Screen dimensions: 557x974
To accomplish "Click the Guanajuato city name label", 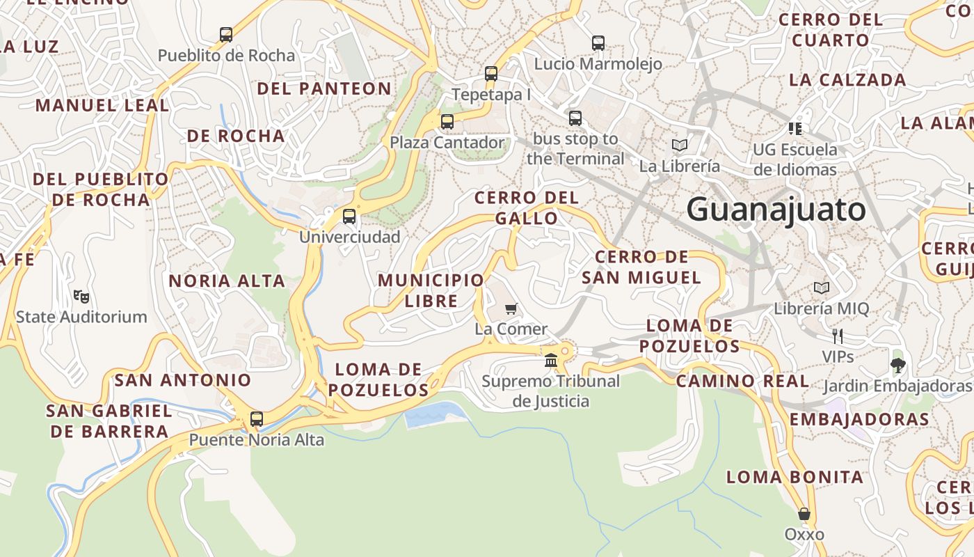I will click(776, 210).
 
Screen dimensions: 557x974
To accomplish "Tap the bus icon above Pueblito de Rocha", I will click(226, 35).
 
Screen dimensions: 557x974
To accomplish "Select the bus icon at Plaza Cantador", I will click(447, 122).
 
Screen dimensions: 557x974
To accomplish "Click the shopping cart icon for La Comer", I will click(511, 308).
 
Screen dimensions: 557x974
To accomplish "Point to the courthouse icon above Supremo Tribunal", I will click(551, 360).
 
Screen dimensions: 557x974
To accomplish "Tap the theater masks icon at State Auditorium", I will click(81, 297).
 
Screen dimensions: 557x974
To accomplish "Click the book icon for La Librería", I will click(680, 146).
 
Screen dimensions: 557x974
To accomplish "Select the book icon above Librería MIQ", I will click(822, 288).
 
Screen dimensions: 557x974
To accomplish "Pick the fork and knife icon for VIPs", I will click(838, 336).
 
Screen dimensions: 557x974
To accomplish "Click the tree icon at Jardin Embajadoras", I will click(898, 365).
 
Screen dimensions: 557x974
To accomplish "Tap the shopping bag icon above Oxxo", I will click(804, 514).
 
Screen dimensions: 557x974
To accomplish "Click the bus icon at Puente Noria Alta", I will click(257, 419).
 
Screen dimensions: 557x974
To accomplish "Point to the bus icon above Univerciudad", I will click(349, 217).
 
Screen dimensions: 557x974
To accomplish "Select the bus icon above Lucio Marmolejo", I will click(598, 43).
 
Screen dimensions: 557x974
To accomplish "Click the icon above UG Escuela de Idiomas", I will click(795, 128).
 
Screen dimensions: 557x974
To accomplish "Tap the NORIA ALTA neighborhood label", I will click(227, 281).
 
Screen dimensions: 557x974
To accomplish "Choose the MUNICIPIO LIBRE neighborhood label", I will click(431, 290).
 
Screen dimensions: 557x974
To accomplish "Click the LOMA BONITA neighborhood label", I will click(795, 477).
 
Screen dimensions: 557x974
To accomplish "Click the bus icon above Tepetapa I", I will click(491, 74).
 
